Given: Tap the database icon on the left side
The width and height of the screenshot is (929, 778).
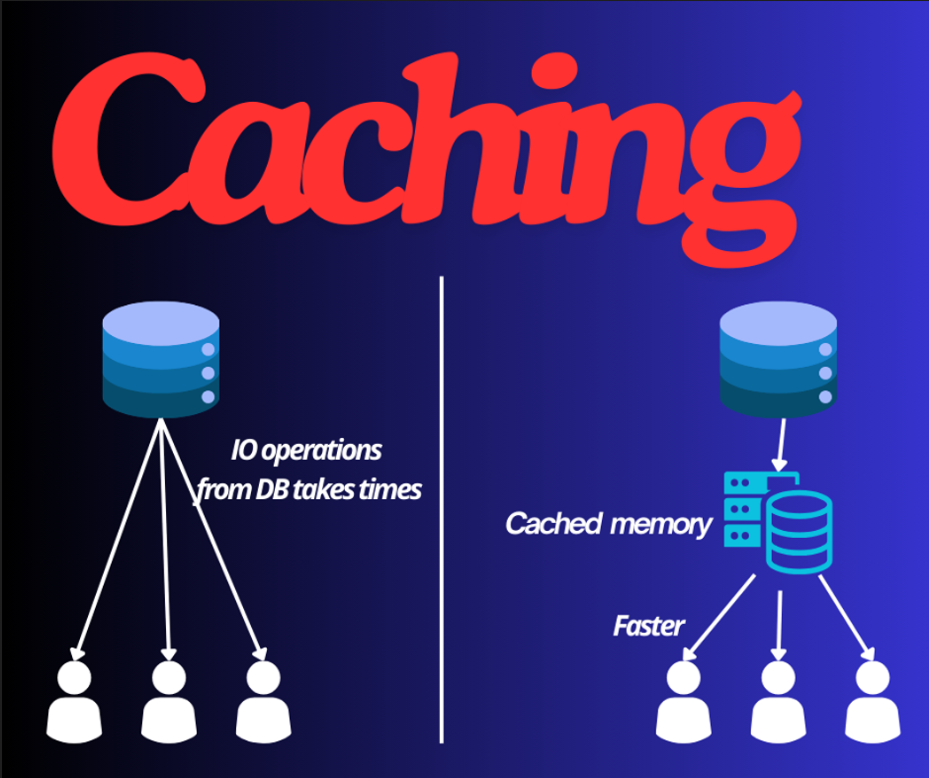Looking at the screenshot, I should tap(160, 360).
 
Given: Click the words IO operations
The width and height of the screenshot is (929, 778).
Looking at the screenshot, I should tap(305, 451).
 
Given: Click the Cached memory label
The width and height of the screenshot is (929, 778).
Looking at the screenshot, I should tap(608, 523).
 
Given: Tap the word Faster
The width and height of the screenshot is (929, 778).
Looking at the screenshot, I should tap(648, 625).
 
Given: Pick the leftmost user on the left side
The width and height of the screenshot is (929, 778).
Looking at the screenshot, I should tap(73, 702).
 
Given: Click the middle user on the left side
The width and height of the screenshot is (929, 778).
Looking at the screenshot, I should tap(168, 702).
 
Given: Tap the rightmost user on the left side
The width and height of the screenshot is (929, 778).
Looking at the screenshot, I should tap(262, 702).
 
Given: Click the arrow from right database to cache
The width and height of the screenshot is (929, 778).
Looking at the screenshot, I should tap(780, 445).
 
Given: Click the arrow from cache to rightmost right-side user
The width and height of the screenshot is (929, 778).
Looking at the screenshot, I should tap(845, 621).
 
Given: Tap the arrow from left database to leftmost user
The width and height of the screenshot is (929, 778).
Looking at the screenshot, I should tap(117, 539).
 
